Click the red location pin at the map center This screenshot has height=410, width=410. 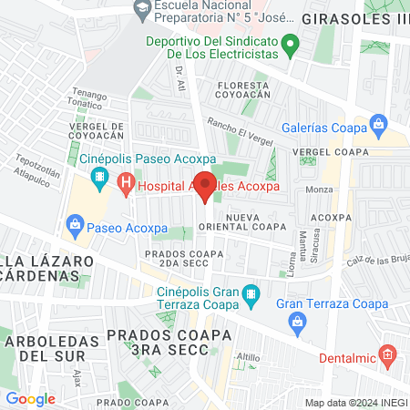[205, 185]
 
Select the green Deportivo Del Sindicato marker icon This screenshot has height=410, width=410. [290, 42]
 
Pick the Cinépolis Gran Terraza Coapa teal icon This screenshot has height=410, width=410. [254, 293]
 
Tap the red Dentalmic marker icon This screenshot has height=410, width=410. [387, 353]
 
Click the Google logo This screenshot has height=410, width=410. [30, 398]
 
